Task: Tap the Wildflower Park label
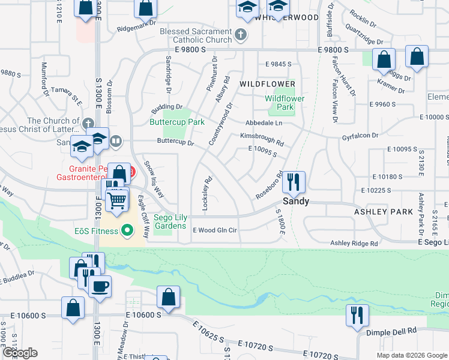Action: click(x=285, y=103)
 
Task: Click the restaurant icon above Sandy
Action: click(x=294, y=181)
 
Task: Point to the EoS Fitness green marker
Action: click(x=127, y=230)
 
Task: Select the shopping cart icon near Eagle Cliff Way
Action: click(x=117, y=200)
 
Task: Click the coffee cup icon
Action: click(x=100, y=286)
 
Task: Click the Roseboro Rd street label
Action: click(x=268, y=187)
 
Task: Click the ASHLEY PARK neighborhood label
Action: click(x=383, y=212)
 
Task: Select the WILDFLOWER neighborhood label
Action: click(x=267, y=83)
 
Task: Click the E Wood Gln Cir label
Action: click(x=215, y=230)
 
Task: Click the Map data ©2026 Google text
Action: click(x=412, y=355)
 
